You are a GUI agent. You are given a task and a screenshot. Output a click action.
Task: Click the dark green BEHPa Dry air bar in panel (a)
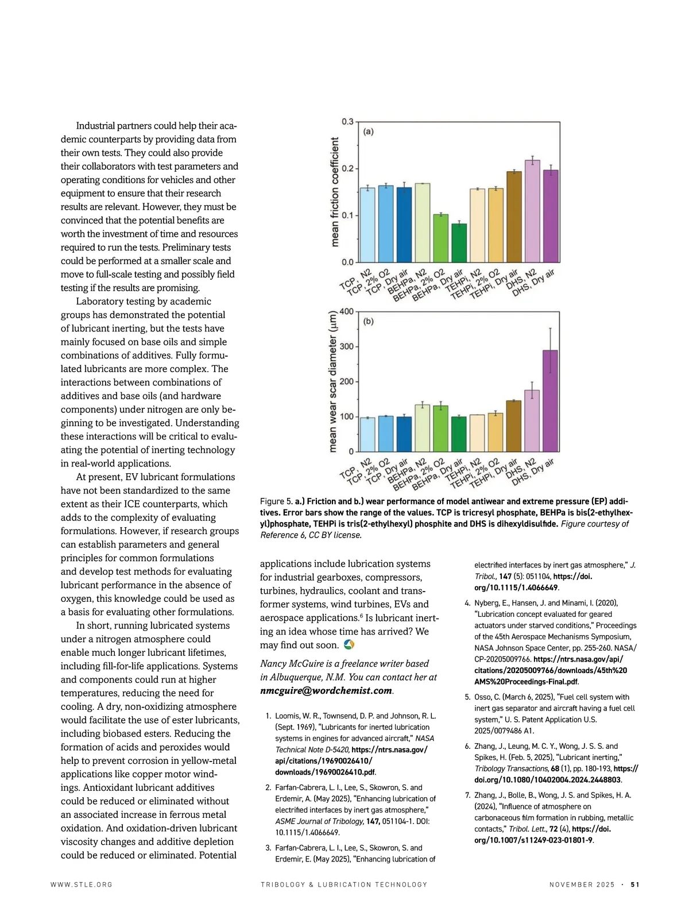click(459, 243)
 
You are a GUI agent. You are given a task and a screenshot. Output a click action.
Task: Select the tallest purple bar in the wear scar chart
click(550, 401)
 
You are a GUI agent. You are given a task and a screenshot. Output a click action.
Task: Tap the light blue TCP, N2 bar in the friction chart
click(367, 225)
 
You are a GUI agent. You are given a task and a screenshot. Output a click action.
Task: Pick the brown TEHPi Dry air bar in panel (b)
click(513, 426)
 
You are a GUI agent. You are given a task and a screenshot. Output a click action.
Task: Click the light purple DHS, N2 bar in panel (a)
click(532, 211)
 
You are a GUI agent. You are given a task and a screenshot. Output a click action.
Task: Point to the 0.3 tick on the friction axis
click(347, 122)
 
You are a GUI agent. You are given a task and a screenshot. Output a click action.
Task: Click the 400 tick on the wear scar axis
click(346, 312)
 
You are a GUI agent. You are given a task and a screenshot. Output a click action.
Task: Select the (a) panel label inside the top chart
click(368, 132)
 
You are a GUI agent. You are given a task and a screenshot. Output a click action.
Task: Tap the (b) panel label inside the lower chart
click(368, 321)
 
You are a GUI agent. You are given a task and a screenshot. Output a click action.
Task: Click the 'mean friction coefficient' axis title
click(335, 192)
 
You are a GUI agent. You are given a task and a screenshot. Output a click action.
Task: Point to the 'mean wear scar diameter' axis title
click(333, 381)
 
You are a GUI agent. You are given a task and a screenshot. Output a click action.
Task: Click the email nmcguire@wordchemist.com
click(326, 691)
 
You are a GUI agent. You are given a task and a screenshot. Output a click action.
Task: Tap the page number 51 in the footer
click(634, 884)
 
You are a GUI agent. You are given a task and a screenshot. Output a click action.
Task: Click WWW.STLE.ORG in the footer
click(82, 884)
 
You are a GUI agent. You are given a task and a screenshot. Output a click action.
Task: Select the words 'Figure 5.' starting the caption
click(276, 501)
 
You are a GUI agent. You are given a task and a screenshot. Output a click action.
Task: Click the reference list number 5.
click(467, 697)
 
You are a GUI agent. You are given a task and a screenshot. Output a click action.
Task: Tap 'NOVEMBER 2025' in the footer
click(582, 884)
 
